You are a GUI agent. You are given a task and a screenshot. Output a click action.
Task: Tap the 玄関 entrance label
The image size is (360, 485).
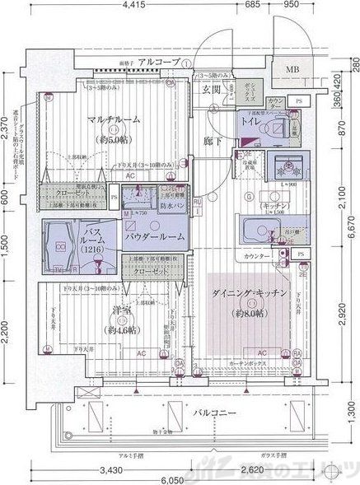click(x=212, y=89)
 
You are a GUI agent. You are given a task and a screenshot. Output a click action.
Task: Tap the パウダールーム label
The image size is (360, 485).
click(x=155, y=236)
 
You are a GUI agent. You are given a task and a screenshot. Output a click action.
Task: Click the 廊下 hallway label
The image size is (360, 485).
click(x=213, y=142)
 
